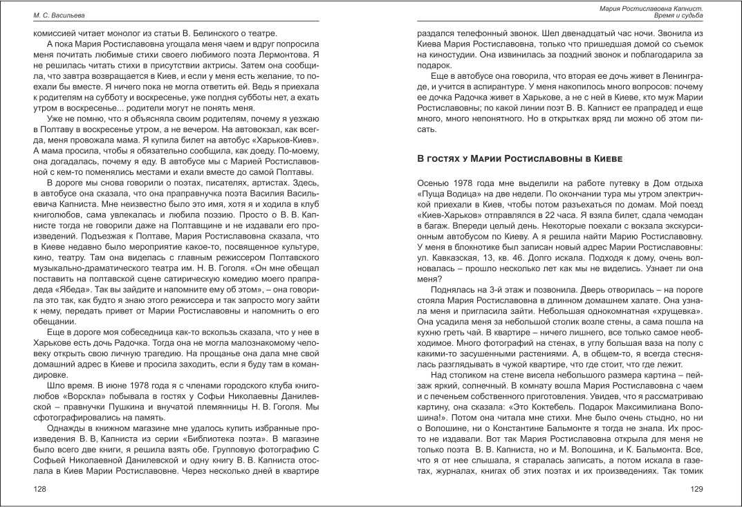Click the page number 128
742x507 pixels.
(41, 489)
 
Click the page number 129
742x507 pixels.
(696, 489)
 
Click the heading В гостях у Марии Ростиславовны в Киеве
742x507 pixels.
(519, 158)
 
